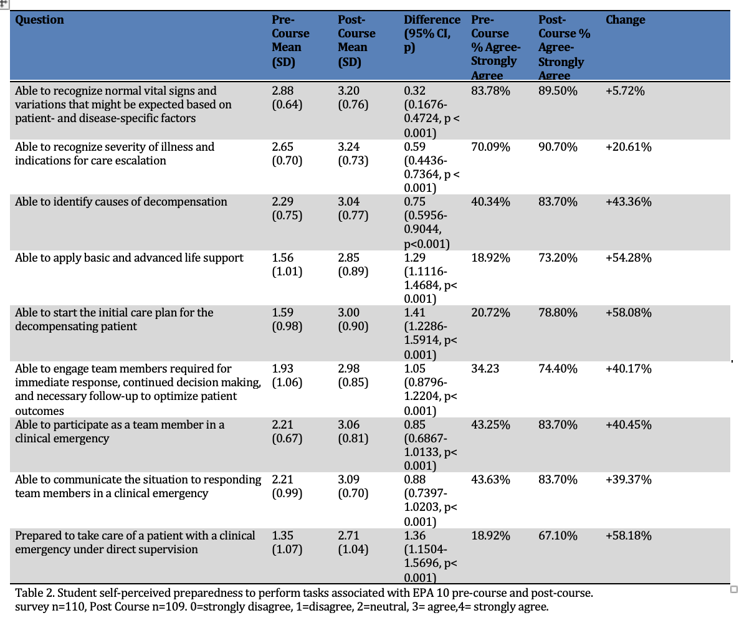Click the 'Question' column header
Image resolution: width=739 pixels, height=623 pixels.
(39, 20)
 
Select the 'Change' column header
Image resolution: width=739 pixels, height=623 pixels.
(626, 20)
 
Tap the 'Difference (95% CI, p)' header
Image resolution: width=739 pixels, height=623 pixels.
(432, 34)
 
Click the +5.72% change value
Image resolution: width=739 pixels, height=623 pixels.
(625, 91)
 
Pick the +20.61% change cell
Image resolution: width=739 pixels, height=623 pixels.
(629, 147)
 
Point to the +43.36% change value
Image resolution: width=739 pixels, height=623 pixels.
(629, 202)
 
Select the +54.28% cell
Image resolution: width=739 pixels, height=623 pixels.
(629, 258)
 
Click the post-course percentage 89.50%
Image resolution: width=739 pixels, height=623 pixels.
(558, 91)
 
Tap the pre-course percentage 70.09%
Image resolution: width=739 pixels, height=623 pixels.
(490, 147)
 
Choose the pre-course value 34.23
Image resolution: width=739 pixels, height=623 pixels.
(485, 369)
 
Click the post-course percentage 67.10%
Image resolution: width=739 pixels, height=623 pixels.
(558, 536)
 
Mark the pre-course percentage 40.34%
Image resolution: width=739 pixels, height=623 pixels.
(490, 202)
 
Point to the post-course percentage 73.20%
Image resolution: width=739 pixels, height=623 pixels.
(558, 258)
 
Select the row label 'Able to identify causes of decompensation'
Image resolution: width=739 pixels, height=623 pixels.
(121, 202)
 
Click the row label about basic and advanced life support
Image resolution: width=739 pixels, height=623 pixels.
(129, 258)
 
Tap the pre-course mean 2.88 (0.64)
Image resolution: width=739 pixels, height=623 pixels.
(287, 98)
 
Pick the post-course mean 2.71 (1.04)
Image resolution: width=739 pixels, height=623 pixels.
(353, 543)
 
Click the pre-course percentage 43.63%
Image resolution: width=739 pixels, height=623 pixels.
(490, 480)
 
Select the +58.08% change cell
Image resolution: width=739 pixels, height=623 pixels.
(629, 313)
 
